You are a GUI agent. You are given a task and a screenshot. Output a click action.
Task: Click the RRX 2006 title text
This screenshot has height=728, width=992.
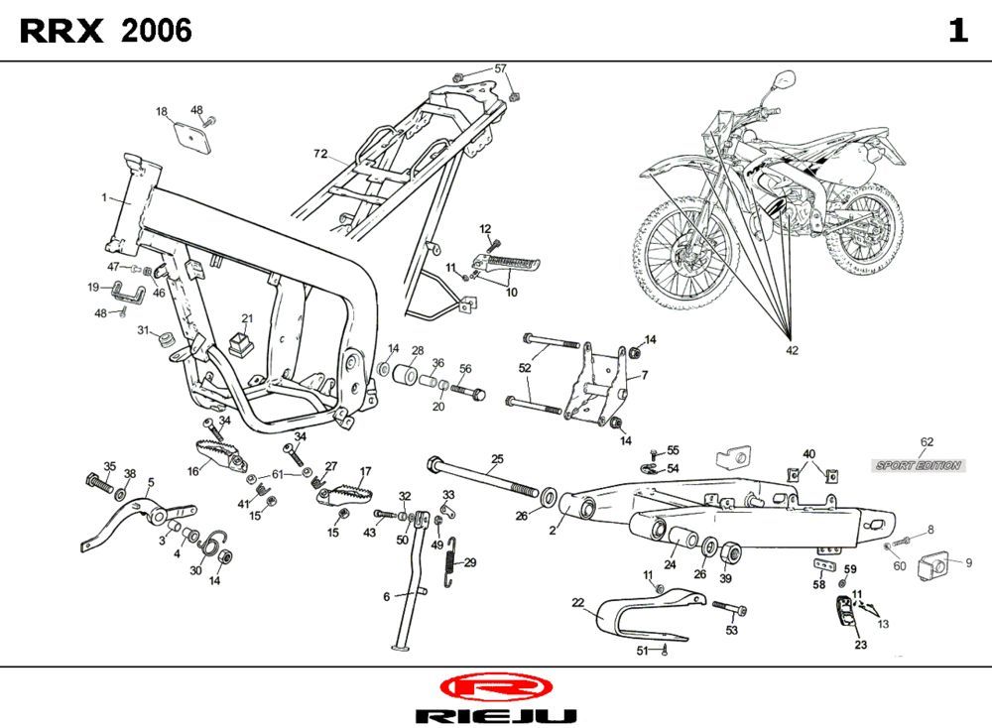click(106, 32)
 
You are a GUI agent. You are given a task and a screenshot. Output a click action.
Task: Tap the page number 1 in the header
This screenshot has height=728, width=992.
click(956, 32)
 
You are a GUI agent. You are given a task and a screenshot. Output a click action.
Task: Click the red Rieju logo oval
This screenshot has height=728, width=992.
click(495, 686)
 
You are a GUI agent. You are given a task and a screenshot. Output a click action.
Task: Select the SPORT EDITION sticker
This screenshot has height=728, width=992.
click(918, 465)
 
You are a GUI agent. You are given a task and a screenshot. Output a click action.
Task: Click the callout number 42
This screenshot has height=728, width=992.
click(791, 349)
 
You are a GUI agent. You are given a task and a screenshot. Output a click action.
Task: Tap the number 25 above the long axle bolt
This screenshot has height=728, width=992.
click(497, 458)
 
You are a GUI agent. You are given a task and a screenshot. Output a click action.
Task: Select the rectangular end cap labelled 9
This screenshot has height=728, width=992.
click(934, 566)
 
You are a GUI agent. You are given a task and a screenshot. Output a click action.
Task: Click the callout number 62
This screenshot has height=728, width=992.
click(927, 441)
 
